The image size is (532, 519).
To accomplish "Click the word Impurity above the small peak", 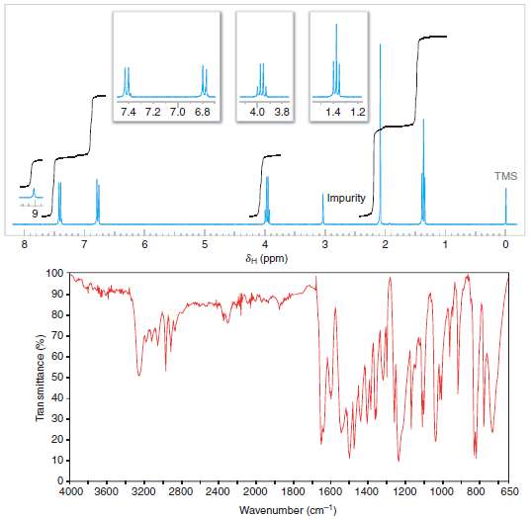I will pyautogui.click(x=346, y=198).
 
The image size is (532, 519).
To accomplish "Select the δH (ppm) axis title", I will pyautogui.click(x=266, y=258).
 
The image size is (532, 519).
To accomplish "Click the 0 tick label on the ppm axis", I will pyautogui.click(x=505, y=244).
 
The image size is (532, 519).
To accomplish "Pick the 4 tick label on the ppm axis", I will pyautogui.click(x=265, y=244).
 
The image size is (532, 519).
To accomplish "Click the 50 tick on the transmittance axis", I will pyautogui.click(x=57, y=377).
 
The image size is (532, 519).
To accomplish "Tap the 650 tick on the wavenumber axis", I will pyautogui.click(x=508, y=491).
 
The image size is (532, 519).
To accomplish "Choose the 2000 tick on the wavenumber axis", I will pyautogui.click(x=256, y=491).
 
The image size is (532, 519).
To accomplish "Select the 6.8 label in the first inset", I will pyautogui.click(x=203, y=112).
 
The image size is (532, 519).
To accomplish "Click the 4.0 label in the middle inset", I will pyautogui.click(x=256, y=112).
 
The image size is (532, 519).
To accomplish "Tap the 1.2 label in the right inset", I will pyautogui.click(x=357, y=112).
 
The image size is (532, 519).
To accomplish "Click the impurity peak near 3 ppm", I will pyautogui.click(x=323, y=208).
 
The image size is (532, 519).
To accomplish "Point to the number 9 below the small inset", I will pyautogui.click(x=35, y=212).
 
